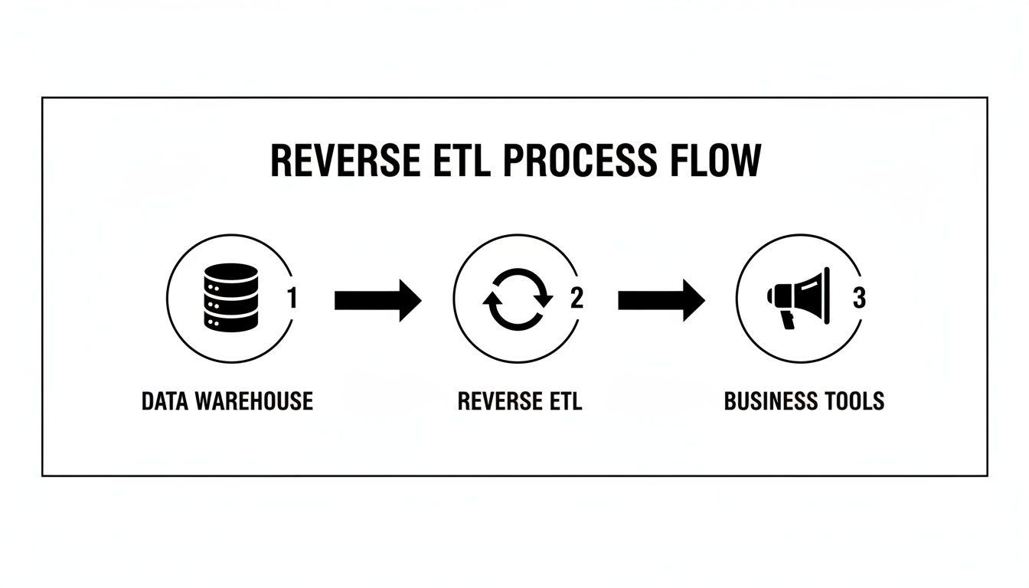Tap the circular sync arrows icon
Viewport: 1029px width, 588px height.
[517, 299]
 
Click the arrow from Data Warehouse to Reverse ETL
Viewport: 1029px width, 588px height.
[377, 300]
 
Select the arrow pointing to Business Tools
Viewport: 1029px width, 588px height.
[661, 300]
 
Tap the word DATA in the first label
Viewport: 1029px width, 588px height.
[166, 400]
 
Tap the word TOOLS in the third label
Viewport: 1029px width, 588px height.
[857, 400]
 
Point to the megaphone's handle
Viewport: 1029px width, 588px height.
[786, 318]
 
